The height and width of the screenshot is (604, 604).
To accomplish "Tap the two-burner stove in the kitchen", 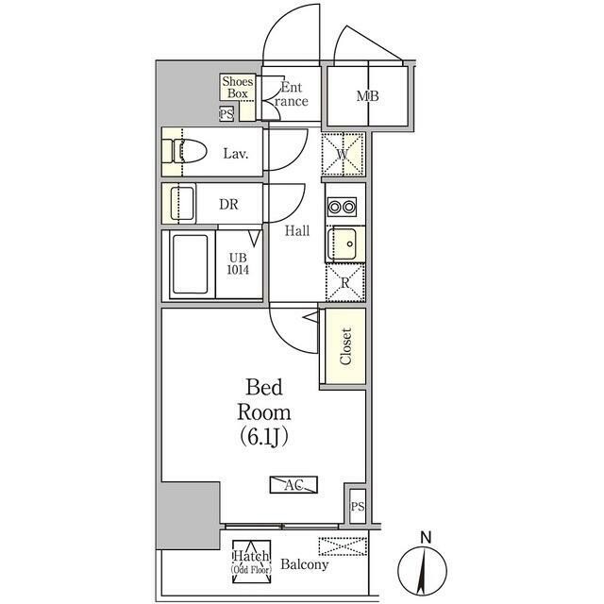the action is coord(342,207).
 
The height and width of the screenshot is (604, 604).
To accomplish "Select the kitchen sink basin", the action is coord(342,243).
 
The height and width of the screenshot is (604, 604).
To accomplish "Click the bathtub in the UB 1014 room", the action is coord(191,264).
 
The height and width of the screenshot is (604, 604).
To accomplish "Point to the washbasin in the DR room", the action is coord(182,203).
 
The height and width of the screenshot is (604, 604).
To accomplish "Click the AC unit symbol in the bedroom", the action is coord(294,484).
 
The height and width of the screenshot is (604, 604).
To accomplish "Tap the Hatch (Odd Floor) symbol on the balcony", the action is coord(252,562).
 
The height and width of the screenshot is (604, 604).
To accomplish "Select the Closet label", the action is coord(345,346).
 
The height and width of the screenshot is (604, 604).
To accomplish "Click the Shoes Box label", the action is coord(238,87).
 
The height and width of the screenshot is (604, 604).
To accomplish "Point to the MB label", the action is coord(367,96).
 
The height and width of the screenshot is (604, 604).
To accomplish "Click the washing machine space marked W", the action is coord(343,154).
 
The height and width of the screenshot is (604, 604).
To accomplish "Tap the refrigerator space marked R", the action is coord(345,283).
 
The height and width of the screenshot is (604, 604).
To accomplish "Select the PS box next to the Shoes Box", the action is coord(226,114).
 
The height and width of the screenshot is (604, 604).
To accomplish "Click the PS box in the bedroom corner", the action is coord(358,506).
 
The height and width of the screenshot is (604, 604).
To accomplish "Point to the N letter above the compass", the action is coord(426,537).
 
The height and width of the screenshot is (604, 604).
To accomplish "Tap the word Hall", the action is coord(297,230).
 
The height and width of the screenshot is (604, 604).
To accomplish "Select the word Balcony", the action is coord(304,564).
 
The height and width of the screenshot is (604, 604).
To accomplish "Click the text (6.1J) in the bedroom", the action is coord(264,437).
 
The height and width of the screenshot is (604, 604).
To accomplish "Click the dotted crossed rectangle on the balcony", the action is coord(343,546).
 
